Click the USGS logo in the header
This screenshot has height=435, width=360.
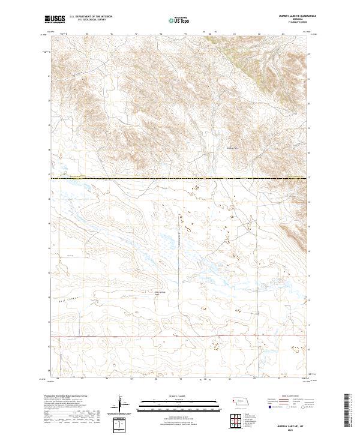pos(55,20)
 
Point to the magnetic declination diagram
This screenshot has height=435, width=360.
pos(122,405)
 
